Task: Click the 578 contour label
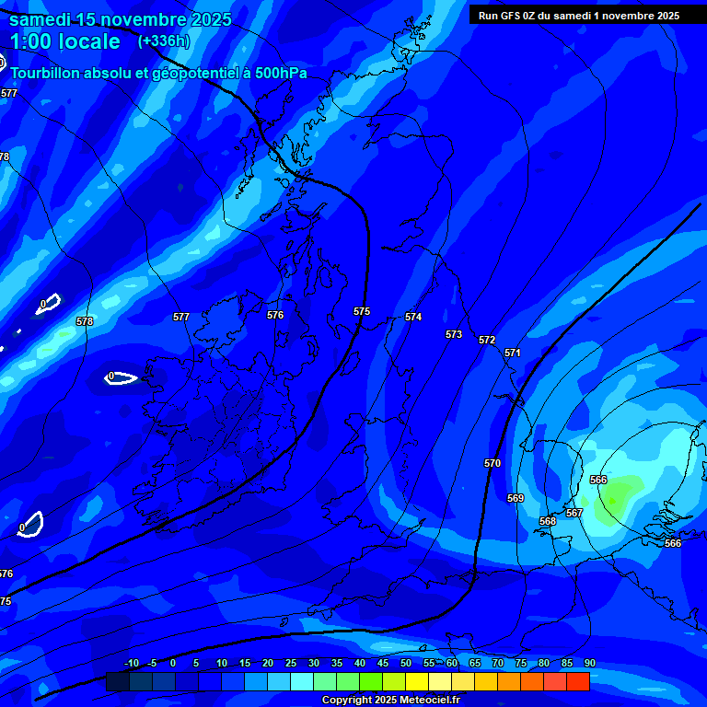85,321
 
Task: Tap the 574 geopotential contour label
413,317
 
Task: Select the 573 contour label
454,334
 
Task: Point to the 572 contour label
487,340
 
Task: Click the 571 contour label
513,353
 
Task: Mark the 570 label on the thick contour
493,463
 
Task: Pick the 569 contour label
516,498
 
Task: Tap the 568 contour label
548,521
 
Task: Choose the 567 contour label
574,513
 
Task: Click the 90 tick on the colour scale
589,663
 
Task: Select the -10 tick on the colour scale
131,663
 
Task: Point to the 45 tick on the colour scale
383,663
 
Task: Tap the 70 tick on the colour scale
498,663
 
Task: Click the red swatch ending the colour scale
578,681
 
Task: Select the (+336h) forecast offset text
163,41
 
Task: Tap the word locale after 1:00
87,41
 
